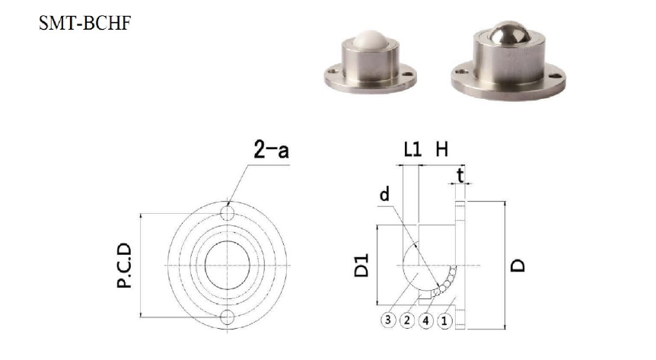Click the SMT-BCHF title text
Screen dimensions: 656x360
(x=85, y=23)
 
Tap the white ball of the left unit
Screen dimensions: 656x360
(x=370, y=40)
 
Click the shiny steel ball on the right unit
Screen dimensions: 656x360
(x=511, y=33)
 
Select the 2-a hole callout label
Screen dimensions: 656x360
(x=271, y=150)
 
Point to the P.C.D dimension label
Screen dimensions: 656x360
(x=124, y=266)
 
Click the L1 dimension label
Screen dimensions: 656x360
(x=412, y=149)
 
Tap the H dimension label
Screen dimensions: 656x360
(x=442, y=149)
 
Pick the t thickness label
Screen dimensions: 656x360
(x=460, y=176)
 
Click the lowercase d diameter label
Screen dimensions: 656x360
(x=384, y=194)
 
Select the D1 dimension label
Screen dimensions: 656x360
(x=361, y=266)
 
